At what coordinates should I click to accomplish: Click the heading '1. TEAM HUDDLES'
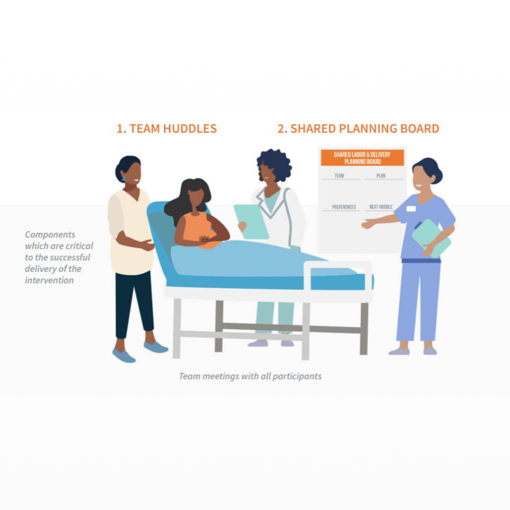click(x=166, y=128)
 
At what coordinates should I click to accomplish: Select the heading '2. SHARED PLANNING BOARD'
click(x=358, y=128)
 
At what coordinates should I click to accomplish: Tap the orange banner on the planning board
click(x=363, y=158)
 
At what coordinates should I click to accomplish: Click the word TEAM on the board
click(x=339, y=176)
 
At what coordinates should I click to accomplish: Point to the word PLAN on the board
click(x=381, y=176)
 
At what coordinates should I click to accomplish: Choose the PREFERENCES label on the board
click(x=344, y=207)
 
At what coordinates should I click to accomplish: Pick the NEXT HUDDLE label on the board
click(x=381, y=207)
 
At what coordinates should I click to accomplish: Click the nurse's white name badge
click(x=411, y=209)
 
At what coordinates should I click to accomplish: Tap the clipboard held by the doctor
click(x=252, y=222)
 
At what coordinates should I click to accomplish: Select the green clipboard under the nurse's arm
click(x=431, y=238)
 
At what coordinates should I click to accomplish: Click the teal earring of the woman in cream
click(x=124, y=178)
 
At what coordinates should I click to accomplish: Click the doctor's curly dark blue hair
click(x=275, y=164)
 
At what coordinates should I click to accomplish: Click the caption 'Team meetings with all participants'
click(x=250, y=377)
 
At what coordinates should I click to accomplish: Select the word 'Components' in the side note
click(x=50, y=235)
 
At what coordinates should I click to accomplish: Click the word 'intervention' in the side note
click(x=49, y=280)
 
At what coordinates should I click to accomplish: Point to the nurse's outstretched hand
click(x=368, y=224)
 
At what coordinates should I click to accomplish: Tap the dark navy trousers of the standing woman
click(x=134, y=304)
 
